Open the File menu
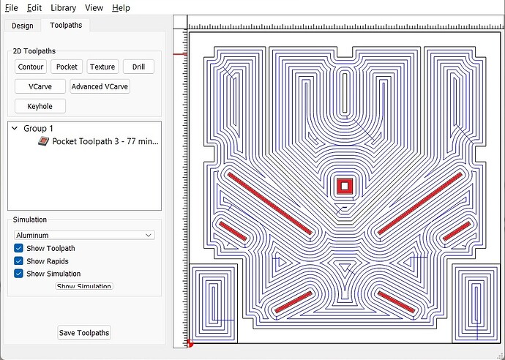(x=12, y=8)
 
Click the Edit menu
(x=34, y=8)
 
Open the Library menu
(x=63, y=8)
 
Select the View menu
(x=94, y=8)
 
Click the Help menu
(x=121, y=8)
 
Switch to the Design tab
(x=23, y=26)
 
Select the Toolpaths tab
(x=66, y=25)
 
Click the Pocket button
(x=67, y=67)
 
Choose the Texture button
(x=102, y=67)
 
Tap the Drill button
(x=138, y=67)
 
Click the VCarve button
(x=40, y=86)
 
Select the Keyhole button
(x=40, y=106)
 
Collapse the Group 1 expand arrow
(x=15, y=128)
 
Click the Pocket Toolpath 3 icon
(x=43, y=141)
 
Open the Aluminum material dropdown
(x=84, y=235)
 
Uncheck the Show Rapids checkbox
(x=18, y=260)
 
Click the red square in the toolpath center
(x=345, y=186)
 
